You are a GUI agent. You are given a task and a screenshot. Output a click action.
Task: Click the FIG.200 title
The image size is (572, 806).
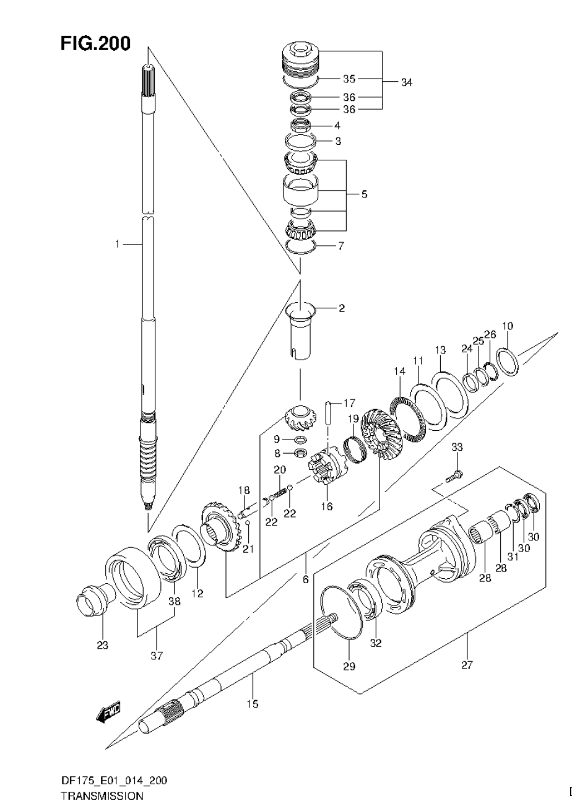pyautogui.click(x=95, y=44)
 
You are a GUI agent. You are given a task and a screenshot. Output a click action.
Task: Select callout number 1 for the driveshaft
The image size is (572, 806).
pyautogui.click(x=116, y=245)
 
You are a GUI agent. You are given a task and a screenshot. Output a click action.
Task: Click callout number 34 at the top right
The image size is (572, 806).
pyautogui.click(x=406, y=82)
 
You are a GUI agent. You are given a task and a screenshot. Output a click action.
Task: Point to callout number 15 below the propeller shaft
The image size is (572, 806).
pyautogui.click(x=252, y=704)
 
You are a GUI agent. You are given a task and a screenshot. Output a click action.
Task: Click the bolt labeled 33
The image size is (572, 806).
pyautogui.click(x=454, y=476)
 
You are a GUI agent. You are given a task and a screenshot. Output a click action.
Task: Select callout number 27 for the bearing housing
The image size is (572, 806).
pyautogui.click(x=467, y=665)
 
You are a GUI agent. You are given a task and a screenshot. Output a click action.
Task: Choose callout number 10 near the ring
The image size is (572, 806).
pyautogui.click(x=508, y=326)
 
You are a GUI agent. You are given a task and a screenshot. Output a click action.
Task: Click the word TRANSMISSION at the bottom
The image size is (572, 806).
pyautogui.click(x=102, y=796)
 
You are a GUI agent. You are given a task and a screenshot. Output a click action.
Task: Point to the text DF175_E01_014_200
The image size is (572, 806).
pyautogui.click(x=113, y=781)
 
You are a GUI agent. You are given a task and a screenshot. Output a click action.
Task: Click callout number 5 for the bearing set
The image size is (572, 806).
pyautogui.click(x=364, y=194)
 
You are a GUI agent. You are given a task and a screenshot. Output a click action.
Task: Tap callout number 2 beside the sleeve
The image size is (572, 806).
pyautogui.click(x=341, y=308)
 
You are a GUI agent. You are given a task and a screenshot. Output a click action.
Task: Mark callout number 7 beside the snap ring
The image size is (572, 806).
pyautogui.click(x=340, y=246)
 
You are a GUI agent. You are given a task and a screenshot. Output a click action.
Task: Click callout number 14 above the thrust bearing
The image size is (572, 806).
pyautogui.click(x=399, y=371)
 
